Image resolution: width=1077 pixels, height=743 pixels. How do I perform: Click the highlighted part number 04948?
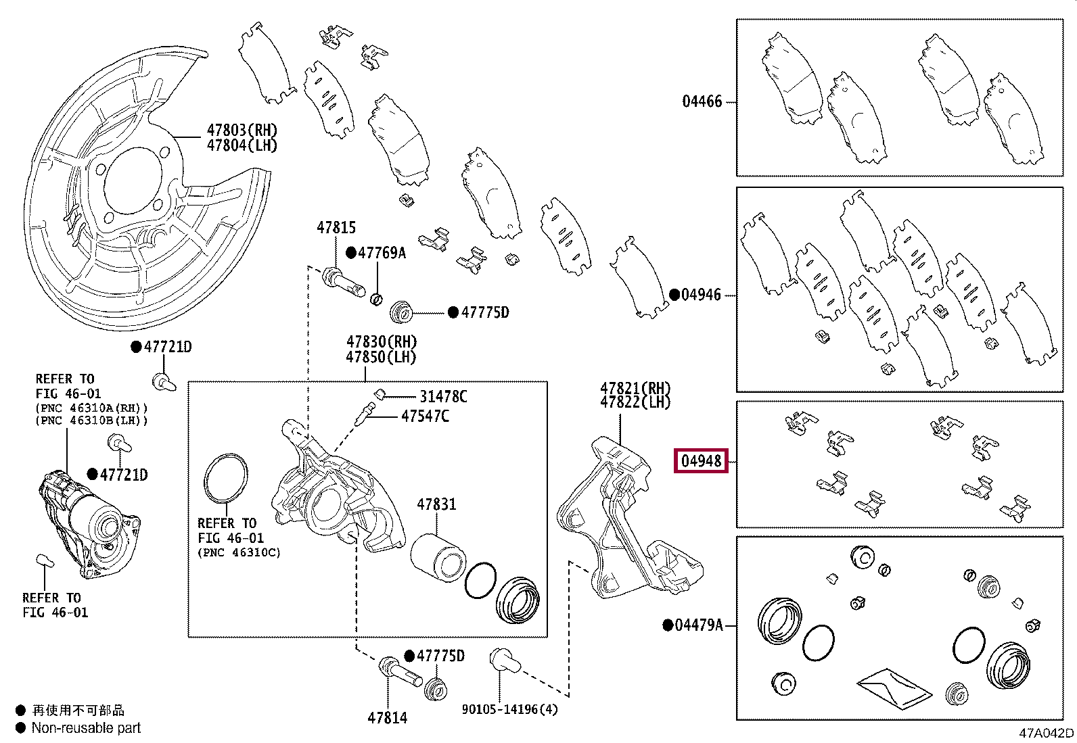[701, 461]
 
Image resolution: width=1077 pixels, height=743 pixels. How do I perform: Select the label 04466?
[702, 101]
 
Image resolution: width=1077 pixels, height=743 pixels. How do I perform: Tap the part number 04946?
[701, 295]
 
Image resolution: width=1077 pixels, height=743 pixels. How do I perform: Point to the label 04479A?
[699, 625]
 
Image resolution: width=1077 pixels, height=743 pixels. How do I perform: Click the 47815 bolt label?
[336, 228]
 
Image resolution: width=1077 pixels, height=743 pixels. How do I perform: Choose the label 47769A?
[382, 253]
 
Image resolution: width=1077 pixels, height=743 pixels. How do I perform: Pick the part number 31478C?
[443, 397]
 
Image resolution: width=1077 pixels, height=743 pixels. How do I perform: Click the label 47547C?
[425, 416]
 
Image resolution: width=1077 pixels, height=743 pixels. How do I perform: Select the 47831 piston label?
[436, 504]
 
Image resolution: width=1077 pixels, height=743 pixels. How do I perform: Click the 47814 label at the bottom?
[388, 718]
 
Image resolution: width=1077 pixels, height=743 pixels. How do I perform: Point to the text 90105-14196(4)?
[510, 709]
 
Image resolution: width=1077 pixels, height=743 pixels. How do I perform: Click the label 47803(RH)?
[242, 130]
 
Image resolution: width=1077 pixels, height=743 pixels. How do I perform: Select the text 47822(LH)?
[635, 402]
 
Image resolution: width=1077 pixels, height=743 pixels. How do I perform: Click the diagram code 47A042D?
[1046, 733]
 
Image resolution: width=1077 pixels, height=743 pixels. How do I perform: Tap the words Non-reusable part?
[86, 728]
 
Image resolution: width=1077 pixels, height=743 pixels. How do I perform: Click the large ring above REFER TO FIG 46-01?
[225, 478]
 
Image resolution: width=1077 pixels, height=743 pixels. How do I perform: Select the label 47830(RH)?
[382, 342]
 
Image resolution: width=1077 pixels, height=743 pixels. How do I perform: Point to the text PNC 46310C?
[239, 552]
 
